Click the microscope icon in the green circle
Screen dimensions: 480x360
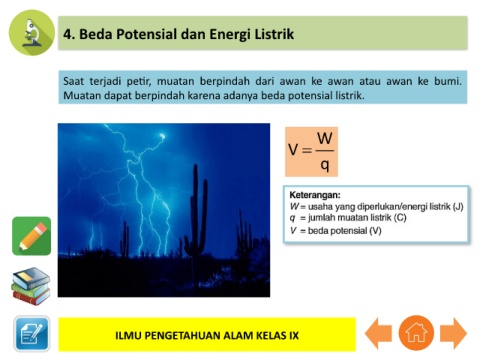(32, 32)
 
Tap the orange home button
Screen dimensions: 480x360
(416, 333)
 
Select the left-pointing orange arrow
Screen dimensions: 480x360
(378, 333)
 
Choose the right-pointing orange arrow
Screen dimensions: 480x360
(453, 333)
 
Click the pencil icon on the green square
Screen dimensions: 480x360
(32, 236)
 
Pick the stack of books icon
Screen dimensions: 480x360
(31, 286)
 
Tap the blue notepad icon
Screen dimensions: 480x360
(32, 334)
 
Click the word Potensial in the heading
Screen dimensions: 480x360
(145, 34)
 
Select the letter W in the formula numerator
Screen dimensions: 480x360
(325, 138)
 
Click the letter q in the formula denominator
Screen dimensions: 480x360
(325, 164)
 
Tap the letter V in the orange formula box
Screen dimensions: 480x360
(293, 150)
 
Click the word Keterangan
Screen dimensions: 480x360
(315, 195)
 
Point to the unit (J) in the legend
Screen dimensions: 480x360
(458, 207)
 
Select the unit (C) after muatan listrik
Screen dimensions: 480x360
(400, 218)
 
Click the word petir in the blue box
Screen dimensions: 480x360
(139, 81)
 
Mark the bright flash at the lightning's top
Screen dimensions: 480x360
(162, 136)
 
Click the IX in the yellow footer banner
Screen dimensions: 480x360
(294, 335)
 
